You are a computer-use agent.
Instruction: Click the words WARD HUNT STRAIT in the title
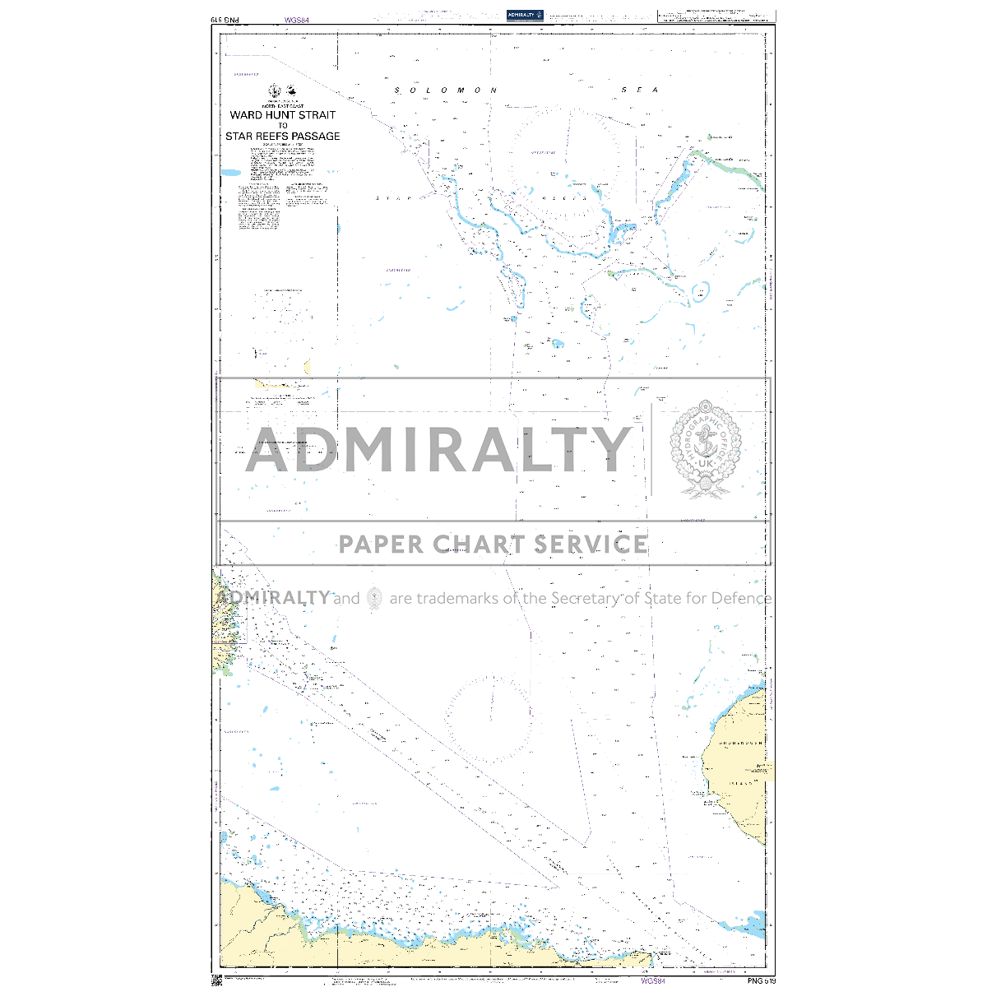tap(283, 116)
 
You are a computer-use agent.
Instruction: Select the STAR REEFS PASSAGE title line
tap(283, 137)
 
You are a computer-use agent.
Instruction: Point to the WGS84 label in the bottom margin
tap(653, 980)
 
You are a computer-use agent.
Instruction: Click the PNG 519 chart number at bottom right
tap(761, 980)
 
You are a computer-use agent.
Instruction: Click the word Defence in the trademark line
tap(741, 598)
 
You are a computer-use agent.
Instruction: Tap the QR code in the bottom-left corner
tap(217, 980)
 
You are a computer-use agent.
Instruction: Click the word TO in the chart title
tap(283, 126)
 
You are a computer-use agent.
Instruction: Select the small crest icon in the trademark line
tap(374, 598)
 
